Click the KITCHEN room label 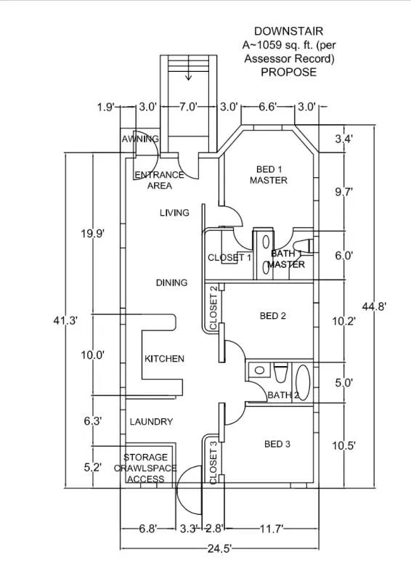tap(164, 359)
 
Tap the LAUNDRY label tap(151, 422)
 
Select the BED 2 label tap(273, 316)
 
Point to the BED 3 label tap(277, 444)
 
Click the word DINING tap(171, 283)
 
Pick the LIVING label tap(174, 213)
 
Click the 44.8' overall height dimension tap(375, 306)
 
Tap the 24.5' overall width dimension tap(220, 548)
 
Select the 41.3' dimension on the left tap(65, 320)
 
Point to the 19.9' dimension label tap(93, 234)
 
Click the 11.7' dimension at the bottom tap(272, 529)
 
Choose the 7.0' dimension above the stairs tap(188, 107)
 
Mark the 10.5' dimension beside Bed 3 tap(344, 445)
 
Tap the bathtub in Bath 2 tap(303, 383)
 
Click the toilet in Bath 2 tap(280, 373)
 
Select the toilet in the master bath tap(303, 246)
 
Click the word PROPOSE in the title tap(289, 72)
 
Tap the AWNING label tap(140, 139)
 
